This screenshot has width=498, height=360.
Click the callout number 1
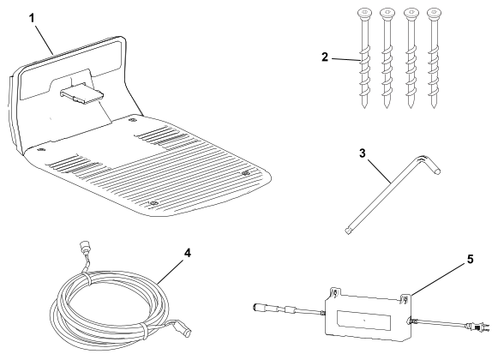[x=32, y=18]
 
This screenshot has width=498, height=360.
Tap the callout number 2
[x=325, y=57]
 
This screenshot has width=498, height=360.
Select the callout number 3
[x=363, y=153]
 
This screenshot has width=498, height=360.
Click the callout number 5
[x=470, y=259]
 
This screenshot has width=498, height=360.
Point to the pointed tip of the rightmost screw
[x=434, y=108]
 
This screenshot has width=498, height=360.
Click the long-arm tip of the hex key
[x=347, y=231]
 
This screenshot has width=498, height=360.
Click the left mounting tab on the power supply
[x=335, y=292]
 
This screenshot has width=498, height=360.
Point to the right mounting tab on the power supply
[x=405, y=298]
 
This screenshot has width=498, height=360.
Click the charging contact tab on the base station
[x=82, y=93]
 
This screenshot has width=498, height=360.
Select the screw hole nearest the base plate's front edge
[x=154, y=203]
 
